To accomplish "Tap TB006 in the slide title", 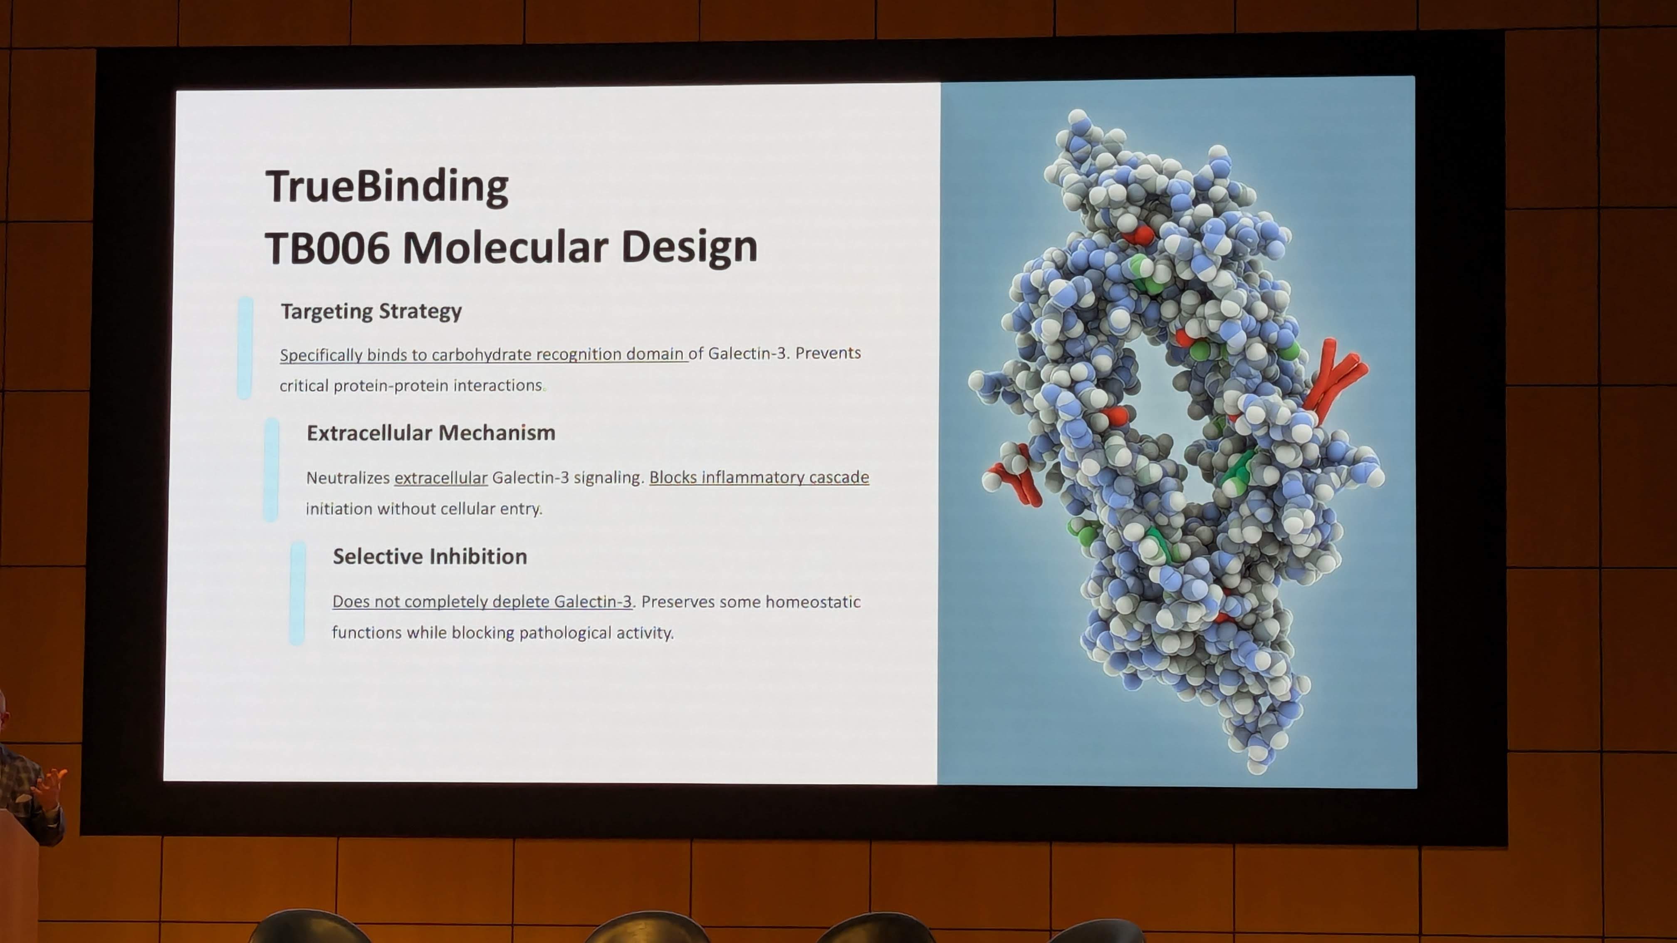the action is [327, 248].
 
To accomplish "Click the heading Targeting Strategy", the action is [371, 311].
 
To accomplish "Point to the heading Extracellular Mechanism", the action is [431, 433].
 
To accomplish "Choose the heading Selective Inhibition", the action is [430, 556].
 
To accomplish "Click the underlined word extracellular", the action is [441, 478].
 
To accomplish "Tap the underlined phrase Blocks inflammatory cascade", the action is [759, 477].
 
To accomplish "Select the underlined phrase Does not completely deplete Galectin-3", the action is [482, 601].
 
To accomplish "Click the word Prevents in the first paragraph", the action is [828, 353].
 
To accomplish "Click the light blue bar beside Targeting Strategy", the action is [245, 348].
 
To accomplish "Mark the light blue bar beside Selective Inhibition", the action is [297, 593].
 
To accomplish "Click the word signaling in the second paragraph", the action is [608, 478].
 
